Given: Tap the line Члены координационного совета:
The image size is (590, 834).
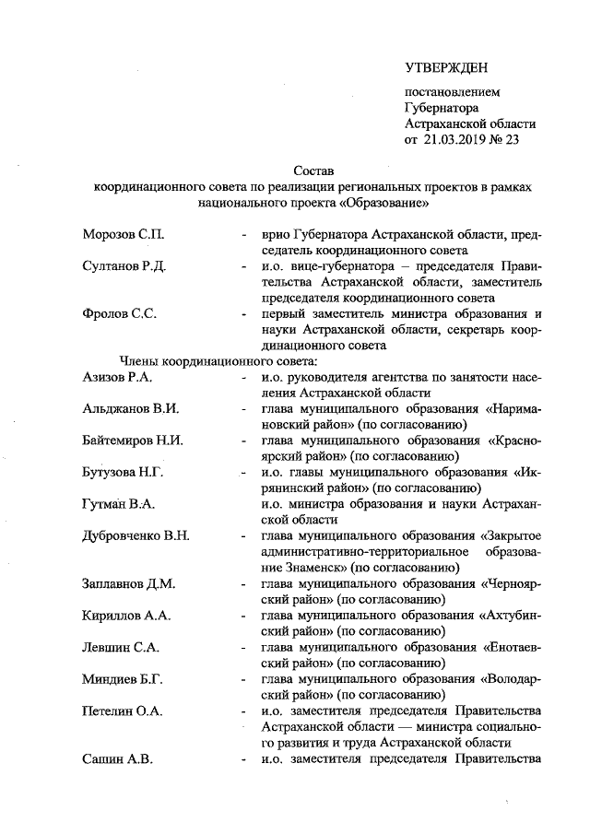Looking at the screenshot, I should point(218,360).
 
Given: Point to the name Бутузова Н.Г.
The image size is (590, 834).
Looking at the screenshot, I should point(124,471).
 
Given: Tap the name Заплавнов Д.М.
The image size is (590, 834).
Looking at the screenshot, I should point(128,582).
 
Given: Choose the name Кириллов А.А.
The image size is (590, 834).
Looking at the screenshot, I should point(124,614).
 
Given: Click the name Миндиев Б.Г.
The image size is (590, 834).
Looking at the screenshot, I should point(123,678).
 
